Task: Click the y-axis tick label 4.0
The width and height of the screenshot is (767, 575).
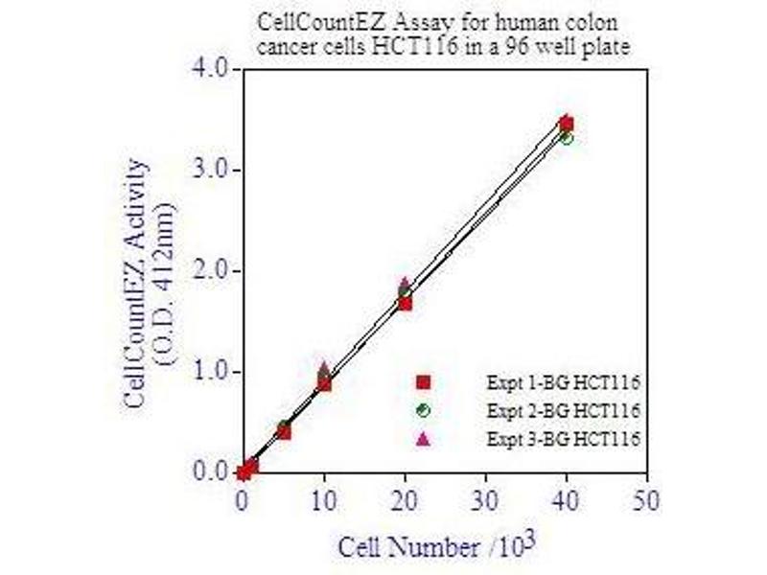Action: (209, 69)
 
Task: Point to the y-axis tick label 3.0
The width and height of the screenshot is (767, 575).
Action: (209, 170)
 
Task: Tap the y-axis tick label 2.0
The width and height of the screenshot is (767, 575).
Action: (209, 271)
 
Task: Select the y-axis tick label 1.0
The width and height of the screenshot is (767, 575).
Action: (209, 372)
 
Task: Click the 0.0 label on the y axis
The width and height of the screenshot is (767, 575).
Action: (209, 472)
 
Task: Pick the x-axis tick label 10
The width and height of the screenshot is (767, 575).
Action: (324, 498)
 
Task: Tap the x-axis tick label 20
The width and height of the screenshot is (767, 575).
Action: (405, 498)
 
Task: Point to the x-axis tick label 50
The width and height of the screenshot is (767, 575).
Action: (647, 498)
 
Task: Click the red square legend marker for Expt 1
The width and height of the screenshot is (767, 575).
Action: (424, 382)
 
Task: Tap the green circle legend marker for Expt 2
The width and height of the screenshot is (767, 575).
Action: (424, 410)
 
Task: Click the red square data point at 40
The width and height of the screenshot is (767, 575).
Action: (566, 124)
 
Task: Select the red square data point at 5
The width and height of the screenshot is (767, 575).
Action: (284, 432)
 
